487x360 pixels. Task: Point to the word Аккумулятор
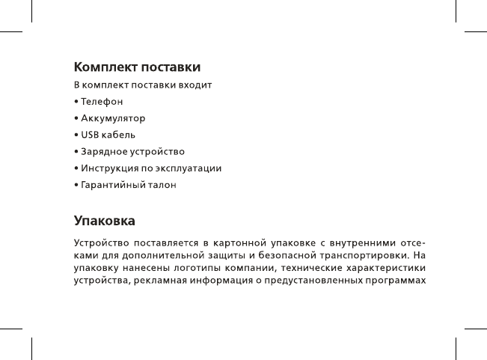113,118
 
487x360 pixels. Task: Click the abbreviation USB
91,135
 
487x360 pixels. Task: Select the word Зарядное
105,152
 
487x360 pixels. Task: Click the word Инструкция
109,168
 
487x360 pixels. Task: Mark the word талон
164,185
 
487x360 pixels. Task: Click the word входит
197,85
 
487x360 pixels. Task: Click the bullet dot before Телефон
76,101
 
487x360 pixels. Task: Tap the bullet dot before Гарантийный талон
76,185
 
